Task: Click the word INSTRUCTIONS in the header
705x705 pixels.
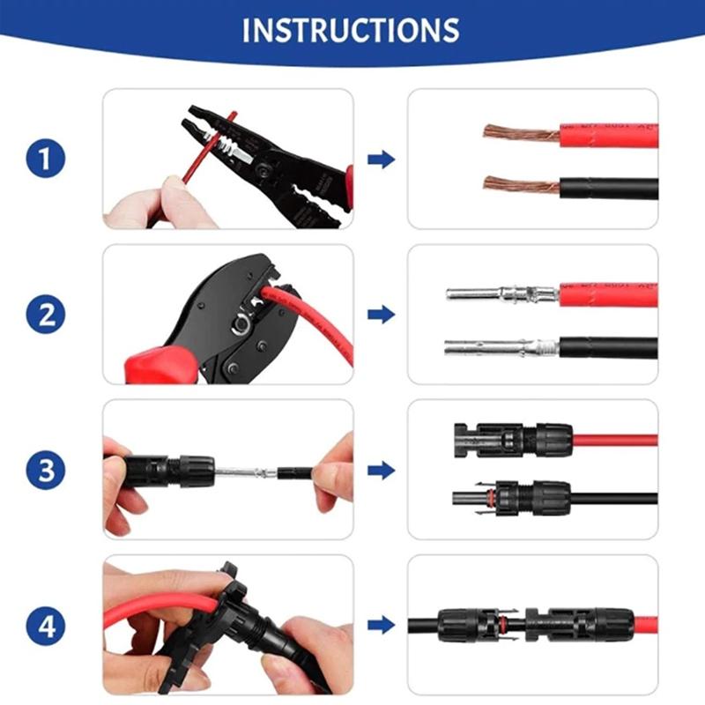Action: point(351,29)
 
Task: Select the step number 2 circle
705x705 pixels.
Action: point(47,315)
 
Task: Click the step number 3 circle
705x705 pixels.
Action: point(47,470)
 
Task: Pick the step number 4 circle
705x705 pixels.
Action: point(47,626)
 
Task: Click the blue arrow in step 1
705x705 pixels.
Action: point(381,160)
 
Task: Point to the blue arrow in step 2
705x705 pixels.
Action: point(381,315)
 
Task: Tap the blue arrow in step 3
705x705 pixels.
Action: point(381,470)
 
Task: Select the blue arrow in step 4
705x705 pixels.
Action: point(381,626)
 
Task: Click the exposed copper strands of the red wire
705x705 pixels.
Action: point(520,134)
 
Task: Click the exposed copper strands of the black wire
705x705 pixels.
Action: point(520,186)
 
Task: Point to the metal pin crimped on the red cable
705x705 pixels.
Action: point(498,293)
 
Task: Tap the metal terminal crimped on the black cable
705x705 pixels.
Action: point(498,347)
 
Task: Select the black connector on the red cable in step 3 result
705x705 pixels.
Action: point(511,438)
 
